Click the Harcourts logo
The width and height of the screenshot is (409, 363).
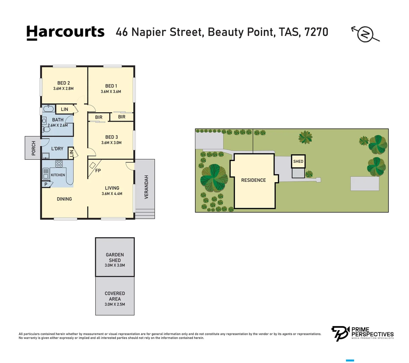65,33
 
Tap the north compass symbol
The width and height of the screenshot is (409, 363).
365,34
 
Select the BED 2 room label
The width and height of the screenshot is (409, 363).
64,83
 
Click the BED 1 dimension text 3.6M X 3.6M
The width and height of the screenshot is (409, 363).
111,91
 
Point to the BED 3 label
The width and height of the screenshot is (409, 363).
111,137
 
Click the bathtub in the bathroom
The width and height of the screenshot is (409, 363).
48,109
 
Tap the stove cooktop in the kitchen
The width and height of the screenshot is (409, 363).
59,164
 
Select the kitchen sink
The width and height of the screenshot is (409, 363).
46,174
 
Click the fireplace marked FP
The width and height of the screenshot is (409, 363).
93,165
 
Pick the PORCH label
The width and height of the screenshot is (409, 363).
34,148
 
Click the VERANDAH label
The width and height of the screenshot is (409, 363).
146,187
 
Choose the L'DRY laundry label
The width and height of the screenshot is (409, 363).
57,149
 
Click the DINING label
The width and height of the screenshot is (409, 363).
64,199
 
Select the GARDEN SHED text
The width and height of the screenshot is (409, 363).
115,257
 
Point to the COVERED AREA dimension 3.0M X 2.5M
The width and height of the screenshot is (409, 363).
115,304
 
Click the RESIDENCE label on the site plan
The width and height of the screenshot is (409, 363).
253,180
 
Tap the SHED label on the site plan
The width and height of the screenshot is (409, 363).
298,161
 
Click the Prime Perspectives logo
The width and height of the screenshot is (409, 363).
363,333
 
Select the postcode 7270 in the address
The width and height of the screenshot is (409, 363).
316,32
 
